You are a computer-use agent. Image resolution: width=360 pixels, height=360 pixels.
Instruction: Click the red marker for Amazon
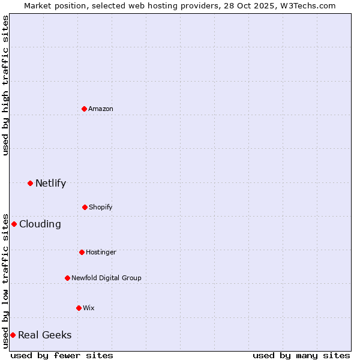click(84, 109)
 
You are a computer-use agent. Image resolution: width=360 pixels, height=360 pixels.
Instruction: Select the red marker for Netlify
click(30, 183)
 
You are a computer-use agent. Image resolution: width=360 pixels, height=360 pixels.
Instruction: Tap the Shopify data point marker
click(85, 207)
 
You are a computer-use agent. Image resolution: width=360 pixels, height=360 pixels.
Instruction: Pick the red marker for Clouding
click(14, 224)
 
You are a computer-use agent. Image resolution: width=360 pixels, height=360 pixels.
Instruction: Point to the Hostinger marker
click(82, 252)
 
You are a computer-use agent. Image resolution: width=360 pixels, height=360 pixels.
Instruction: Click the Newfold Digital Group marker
click(67, 278)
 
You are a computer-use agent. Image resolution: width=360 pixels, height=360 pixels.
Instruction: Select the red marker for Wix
click(79, 308)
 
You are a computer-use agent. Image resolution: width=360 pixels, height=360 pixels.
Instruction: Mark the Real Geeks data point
click(13, 335)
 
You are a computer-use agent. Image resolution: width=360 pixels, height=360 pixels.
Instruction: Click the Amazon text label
click(101, 109)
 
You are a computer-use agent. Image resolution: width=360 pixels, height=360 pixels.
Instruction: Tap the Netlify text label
click(50, 183)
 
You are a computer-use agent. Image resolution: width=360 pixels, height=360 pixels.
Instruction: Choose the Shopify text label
click(101, 207)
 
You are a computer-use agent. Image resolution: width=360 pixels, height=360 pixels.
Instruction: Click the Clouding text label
click(40, 224)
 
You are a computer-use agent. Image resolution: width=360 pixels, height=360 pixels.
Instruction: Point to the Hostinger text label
click(101, 252)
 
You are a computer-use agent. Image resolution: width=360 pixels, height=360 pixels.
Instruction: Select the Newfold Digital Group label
click(106, 278)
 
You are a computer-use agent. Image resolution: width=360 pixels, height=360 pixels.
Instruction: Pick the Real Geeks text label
click(45, 335)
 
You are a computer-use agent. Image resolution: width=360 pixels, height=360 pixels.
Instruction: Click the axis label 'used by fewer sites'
click(62, 355)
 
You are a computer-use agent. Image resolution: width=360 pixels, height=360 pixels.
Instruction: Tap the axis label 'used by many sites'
click(301, 355)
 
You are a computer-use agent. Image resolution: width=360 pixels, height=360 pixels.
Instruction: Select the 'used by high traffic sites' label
click(5, 85)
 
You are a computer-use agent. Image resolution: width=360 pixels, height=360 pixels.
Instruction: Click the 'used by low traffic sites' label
click(5, 280)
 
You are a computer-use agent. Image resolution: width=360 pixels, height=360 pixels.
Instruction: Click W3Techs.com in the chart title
click(306, 5)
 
